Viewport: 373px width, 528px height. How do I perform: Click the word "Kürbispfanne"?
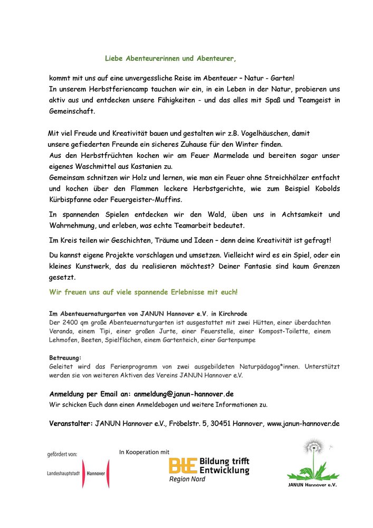coord(72,199)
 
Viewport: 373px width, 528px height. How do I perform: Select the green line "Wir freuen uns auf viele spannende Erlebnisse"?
coord(143,291)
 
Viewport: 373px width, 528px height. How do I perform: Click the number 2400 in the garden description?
coord(71,322)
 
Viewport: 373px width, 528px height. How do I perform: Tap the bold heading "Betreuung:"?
coord(65,357)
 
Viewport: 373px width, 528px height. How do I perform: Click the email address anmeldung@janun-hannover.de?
coord(184,394)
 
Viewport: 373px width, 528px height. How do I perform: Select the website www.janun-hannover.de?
coord(303,423)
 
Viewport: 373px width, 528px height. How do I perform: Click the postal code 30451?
coord(218,423)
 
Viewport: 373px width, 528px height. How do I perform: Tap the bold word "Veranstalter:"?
coord(71,423)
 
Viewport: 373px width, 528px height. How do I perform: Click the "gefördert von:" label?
coord(62,454)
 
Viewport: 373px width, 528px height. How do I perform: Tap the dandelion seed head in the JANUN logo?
coord(314,446)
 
